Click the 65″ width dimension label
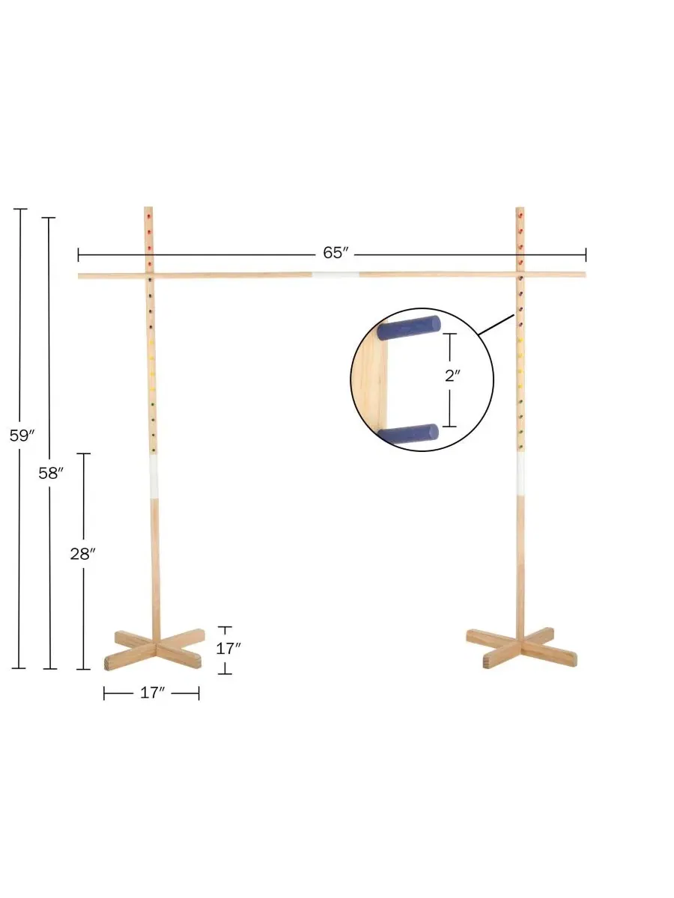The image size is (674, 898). (336, 253)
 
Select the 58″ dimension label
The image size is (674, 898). (51, 474)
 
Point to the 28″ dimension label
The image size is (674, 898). (82, 555)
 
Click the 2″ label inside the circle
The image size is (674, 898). (452, 376)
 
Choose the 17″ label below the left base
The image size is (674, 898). (152, 693)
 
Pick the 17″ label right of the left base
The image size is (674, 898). (228, 649)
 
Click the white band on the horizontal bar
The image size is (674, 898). (336, 275)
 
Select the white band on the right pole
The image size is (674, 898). (520, 474)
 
